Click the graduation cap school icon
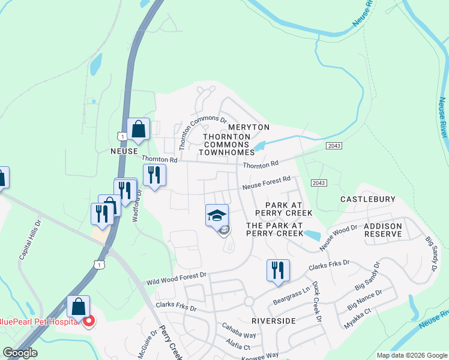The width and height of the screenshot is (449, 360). pos(217,215)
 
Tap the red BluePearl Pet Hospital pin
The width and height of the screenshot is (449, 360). pos(89,322)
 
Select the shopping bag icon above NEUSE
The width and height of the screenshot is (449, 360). pos(138,129)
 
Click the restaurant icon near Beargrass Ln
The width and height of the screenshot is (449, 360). pos(277,269)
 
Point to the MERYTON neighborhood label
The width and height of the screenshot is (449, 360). pos(249,128)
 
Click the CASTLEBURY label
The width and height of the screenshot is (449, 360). pos(368,199)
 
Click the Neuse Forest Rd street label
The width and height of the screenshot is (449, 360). pos(267,183)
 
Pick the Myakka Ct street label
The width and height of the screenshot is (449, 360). pos(358,319)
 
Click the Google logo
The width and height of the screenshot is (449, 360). pos(20,353)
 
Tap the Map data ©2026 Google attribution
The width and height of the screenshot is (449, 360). pos(411,355)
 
